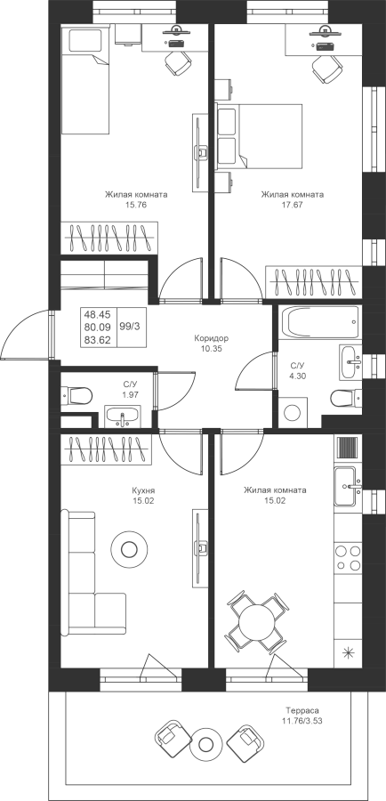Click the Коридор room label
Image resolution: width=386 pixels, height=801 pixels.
point(211,338)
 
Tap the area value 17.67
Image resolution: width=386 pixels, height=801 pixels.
point(292,205)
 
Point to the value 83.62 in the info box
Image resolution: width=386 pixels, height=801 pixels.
point(97,339)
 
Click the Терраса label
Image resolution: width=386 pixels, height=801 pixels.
point(302,710)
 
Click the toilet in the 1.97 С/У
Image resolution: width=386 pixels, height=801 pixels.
point(76,395)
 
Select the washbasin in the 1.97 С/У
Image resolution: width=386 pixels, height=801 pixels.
point(123,417)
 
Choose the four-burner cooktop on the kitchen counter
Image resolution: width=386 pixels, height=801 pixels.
point(348,558)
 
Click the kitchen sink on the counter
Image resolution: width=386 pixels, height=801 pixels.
point(349,485)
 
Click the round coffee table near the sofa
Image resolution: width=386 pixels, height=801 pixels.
point(129,550)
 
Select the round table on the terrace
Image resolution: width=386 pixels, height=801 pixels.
point(205,745)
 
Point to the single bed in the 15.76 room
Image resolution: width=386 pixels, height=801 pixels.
point(85,79)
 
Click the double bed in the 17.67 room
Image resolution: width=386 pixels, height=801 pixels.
point(259,135)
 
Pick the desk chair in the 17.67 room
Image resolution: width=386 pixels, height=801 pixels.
point(326,68)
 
